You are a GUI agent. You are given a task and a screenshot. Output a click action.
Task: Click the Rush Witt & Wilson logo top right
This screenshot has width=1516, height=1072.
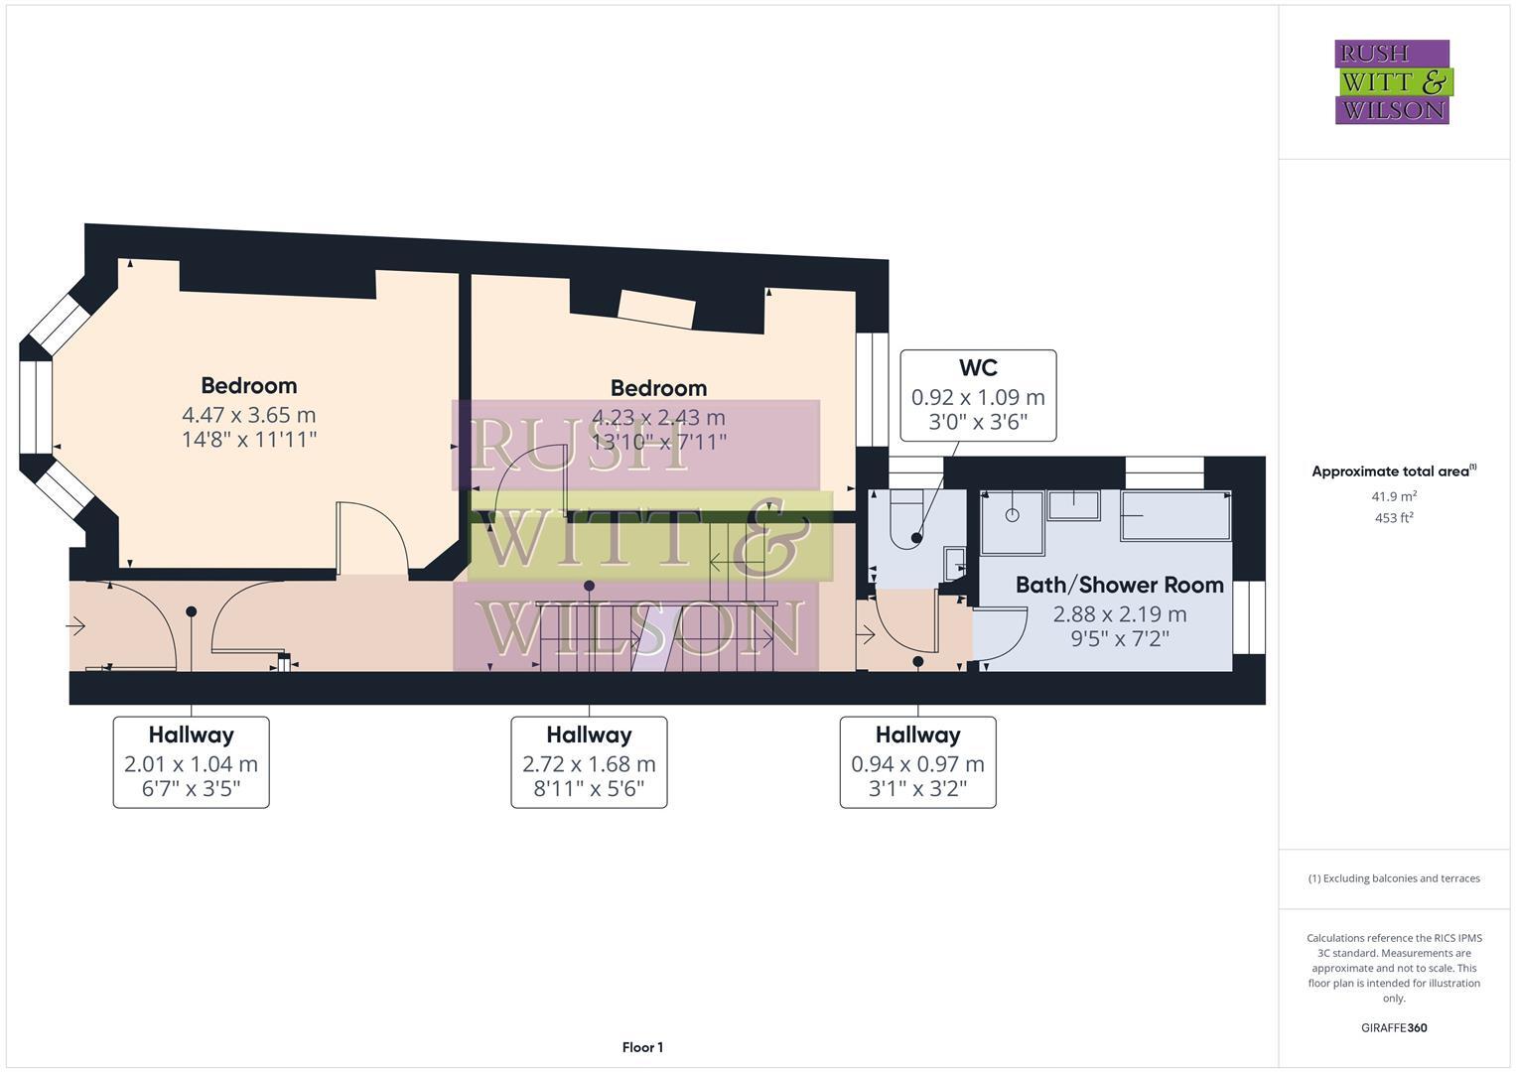click(1392, 81)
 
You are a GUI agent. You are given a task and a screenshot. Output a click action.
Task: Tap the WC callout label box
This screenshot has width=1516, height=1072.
click(978, 395)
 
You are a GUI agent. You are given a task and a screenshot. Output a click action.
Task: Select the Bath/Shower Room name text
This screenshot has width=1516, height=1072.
click(1119, 585)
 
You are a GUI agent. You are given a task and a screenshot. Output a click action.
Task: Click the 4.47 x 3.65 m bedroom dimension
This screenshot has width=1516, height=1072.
click(248, 415)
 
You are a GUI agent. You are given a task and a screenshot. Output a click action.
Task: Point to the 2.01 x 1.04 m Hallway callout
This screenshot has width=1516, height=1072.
click(191, 762)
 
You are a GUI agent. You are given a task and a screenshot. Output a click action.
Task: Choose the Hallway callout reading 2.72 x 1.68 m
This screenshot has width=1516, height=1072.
click(589, 762)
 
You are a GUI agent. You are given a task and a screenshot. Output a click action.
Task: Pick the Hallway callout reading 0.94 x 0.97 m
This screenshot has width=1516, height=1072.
click(917, 762)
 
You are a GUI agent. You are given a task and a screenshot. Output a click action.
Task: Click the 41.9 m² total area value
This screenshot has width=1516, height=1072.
click(1394, 496)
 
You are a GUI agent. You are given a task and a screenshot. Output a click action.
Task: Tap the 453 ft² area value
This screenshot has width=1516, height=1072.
click(1394, 518)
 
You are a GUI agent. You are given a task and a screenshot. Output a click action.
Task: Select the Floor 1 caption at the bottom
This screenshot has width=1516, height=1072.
click(642, 1047)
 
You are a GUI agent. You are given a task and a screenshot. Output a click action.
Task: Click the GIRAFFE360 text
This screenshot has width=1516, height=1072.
click(1394, 1028)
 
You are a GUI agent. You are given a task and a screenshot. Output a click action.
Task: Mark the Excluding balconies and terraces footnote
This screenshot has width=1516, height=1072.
click(1394, 878)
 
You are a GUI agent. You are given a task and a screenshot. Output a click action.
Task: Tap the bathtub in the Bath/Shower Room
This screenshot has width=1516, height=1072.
click(1175, 515)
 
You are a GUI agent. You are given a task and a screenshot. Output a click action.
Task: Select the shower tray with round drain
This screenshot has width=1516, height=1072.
click(1013, 522)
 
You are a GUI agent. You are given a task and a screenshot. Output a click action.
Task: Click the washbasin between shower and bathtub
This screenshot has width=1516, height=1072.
click(1073, 505)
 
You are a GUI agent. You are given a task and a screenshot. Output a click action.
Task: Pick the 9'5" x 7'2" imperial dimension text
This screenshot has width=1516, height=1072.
click(1119, 638)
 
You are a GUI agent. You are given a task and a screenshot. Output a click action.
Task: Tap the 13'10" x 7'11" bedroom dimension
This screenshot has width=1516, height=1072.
click(658, 442)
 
